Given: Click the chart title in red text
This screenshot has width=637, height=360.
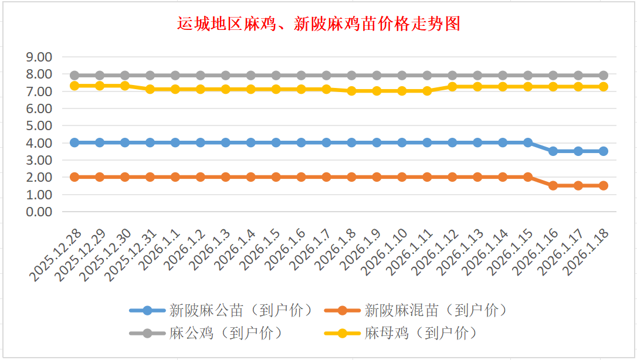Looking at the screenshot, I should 318,24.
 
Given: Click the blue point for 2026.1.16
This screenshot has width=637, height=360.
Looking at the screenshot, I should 553,151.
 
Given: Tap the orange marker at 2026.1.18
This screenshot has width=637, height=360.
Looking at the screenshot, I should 603,185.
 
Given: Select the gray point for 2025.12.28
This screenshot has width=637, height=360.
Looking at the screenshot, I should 74,75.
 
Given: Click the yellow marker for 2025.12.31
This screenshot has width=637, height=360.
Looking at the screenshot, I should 150,89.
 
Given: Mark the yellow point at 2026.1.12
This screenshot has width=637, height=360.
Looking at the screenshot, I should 452,87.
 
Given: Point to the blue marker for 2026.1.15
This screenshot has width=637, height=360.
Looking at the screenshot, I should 528,142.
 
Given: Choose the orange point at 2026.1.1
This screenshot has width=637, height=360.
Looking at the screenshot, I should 175,177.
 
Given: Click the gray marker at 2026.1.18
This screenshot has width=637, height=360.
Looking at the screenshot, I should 603,75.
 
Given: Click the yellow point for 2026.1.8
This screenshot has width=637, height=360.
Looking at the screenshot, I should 352,91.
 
